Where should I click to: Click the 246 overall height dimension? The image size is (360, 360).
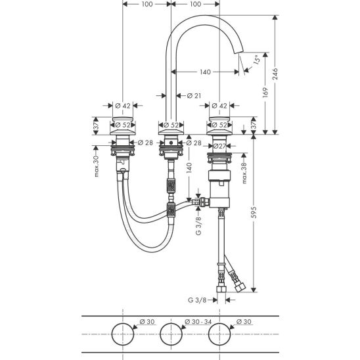(275, 74)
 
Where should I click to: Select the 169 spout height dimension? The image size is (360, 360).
(265, 92)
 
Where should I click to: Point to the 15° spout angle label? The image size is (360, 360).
(257, 60)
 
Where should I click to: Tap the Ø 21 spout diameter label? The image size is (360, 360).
(194, 95)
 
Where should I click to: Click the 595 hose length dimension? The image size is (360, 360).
(254, 212)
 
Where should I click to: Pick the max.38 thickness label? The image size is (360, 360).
(244, 173)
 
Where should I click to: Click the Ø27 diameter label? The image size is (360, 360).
(219, 146)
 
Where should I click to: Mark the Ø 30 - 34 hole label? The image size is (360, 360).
(198, 322)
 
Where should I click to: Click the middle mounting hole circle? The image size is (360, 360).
(171, 323)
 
